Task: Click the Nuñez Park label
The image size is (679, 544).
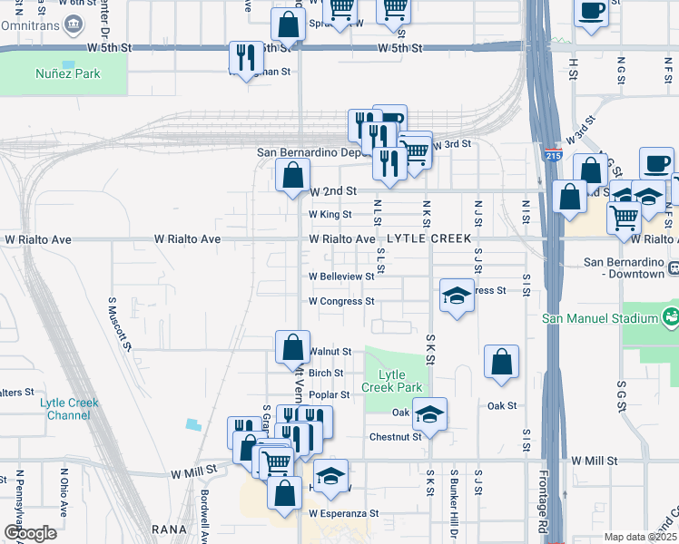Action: (x=68, y=73)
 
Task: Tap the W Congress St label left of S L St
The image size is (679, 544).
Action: (x=341, y=301)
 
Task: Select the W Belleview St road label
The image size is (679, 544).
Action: (x=341, y=277)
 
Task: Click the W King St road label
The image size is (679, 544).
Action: (x=330, y=215)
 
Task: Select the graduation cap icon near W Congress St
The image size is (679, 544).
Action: (x=457, y=295)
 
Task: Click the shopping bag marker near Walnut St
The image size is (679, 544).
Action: (x=292, y=346)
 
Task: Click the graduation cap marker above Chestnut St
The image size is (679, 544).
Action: (x=429, y=414)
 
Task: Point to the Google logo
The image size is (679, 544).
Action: (x=30, y=533)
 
